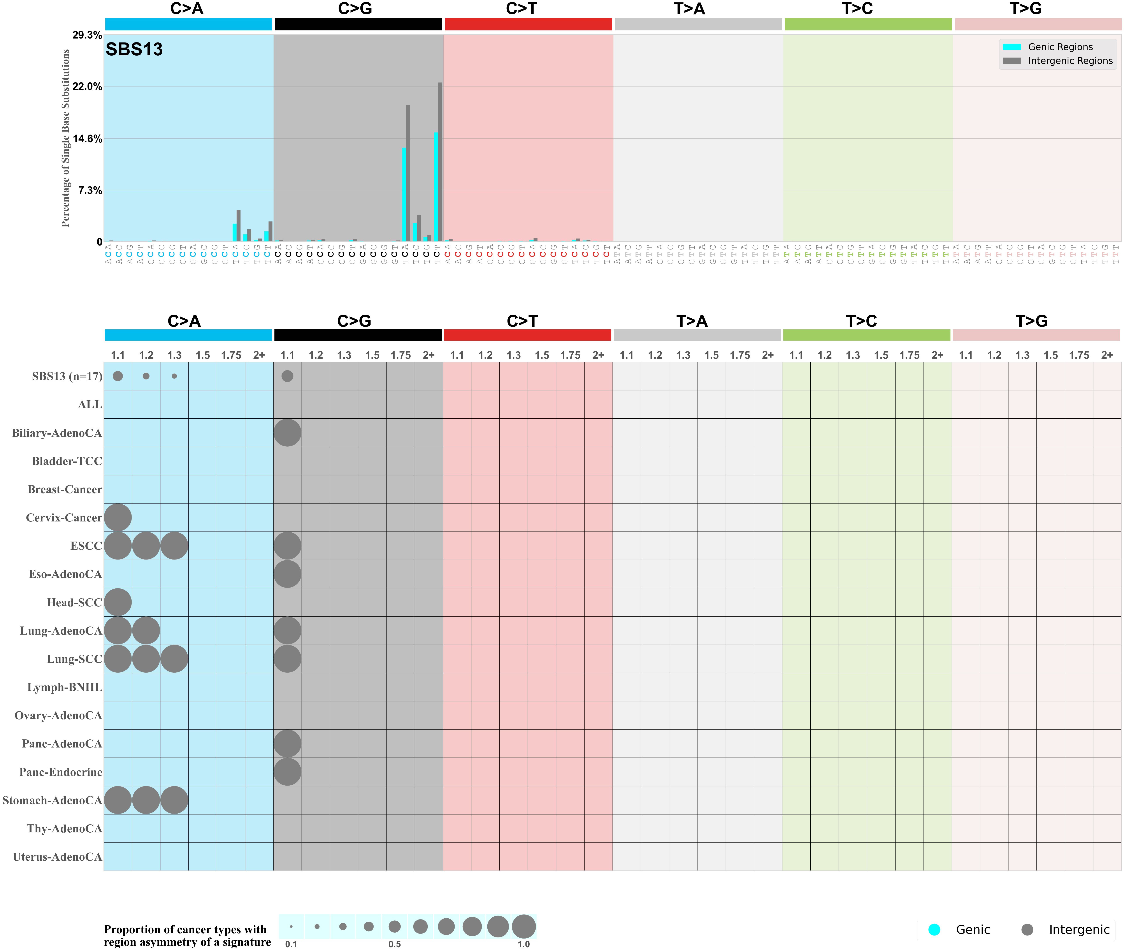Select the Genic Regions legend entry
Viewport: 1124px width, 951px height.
tap(1059, 47)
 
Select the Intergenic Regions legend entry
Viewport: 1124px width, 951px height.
tap(1070, 61)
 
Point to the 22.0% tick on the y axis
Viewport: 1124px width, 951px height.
tap(87, 87)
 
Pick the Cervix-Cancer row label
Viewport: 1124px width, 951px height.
tap(64, 518)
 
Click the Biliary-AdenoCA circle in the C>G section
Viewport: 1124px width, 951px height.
tap(287, 433)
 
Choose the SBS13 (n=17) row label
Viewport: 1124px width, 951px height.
tap(67, 376)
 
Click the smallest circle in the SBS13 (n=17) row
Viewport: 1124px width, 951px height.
tap(174, 376)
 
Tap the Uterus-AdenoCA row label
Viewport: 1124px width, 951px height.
tap(57, 857)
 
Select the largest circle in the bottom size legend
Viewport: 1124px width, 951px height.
tap(523, 927)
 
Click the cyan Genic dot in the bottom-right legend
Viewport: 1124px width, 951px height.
tap(934, 929)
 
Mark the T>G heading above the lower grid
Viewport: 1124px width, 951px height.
tap(1031, 321)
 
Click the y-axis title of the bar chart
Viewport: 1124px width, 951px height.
tap(66, 138)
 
